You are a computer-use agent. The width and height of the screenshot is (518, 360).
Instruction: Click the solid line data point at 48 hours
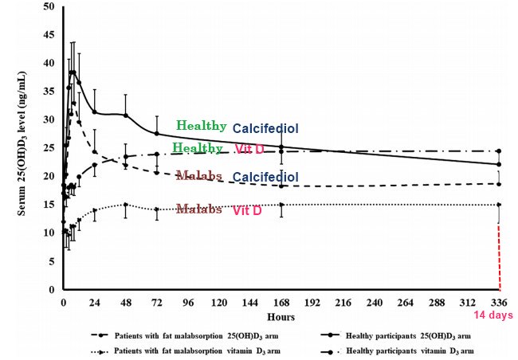pos(126,115)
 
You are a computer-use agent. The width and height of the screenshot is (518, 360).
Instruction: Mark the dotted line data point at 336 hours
pos(499,205)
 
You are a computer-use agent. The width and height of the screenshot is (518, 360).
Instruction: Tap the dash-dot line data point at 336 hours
pos(499,151)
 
